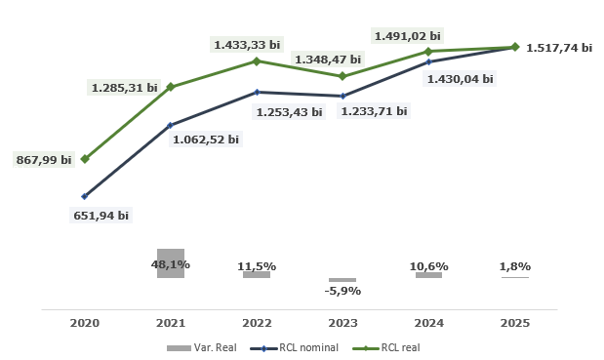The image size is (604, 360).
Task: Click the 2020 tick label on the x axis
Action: click(x=85, y=322)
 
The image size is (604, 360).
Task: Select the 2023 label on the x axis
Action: click(x=342, y=322)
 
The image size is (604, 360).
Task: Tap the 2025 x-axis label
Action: click(x=514, y=322)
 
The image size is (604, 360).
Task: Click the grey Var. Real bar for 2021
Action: click(x=171, y=263)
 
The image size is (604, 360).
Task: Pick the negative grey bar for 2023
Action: click(x=342, y=280)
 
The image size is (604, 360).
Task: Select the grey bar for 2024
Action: click(x=428, y=275)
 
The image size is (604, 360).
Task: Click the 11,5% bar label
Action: click(x=257, y=265)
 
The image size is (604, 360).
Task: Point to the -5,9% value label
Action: click(x=342, y=291)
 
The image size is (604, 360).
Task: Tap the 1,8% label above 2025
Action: click(x=514, y=266)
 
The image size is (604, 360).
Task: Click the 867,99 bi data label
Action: click(x=44, y=159)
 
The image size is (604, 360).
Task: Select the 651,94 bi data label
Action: click(x=101, y=215)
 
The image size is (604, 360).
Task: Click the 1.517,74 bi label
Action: click(x=559, y=47)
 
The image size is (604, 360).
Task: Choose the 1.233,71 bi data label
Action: click(x=374, y=111)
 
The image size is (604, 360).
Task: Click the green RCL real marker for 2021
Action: click(x=171, y=87)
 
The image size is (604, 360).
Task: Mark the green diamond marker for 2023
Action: click(x=342, y=76)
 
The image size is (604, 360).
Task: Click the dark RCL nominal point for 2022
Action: click(x=257, y=93)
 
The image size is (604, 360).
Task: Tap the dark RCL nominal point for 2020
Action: click(x=85, y=196)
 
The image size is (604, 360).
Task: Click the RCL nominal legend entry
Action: click(x=295, y=347)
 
